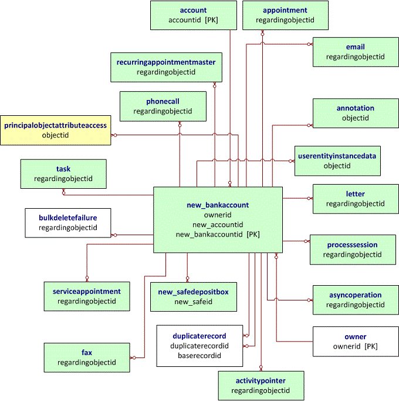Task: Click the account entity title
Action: click(193, 10)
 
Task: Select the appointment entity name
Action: click(285, 10)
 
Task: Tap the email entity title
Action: click(355, 47)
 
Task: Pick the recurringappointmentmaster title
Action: click(165, 62)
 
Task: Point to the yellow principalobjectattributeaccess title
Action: click(56, 125)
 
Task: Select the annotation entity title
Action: click(355, 108)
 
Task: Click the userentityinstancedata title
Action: click(337, 156)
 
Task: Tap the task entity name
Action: click(63, 169)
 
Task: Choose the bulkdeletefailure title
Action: click(67, 218)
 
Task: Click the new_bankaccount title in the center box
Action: click(217, 205)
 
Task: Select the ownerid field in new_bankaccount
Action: click(218, 215)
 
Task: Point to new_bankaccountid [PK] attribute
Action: click(218, 234)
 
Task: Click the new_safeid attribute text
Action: click(193, 302)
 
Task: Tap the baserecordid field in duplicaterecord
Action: click(199, 356)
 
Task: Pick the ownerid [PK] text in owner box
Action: click(355, 346)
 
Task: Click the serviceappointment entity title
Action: click(86, 291)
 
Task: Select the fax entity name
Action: click(87, 353)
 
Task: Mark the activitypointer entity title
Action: click(261, 380)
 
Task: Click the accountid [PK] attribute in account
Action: click(193, 20)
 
